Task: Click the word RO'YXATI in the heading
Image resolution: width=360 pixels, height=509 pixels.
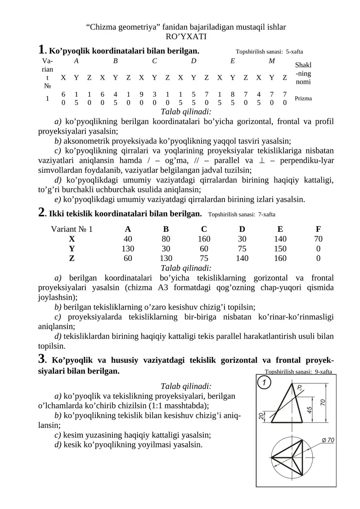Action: coord(186,36)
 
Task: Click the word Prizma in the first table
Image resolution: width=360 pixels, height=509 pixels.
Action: coord(304,98)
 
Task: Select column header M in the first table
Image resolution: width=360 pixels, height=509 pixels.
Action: coord(272,61)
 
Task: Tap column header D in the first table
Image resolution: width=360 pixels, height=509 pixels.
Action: coord(193,61)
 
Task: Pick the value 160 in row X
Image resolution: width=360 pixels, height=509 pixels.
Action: coord(204,239)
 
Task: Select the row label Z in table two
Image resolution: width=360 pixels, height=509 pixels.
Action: coord(72,258)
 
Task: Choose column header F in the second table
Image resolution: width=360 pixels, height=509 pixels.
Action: coord(318,229)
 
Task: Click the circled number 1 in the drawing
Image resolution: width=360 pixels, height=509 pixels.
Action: coord(265,383)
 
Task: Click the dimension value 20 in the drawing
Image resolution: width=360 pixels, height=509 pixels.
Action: coord(261,416)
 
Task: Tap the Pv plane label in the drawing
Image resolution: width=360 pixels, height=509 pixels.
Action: coord(299,387)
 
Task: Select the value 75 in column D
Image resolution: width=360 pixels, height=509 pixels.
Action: coord(242,248)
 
